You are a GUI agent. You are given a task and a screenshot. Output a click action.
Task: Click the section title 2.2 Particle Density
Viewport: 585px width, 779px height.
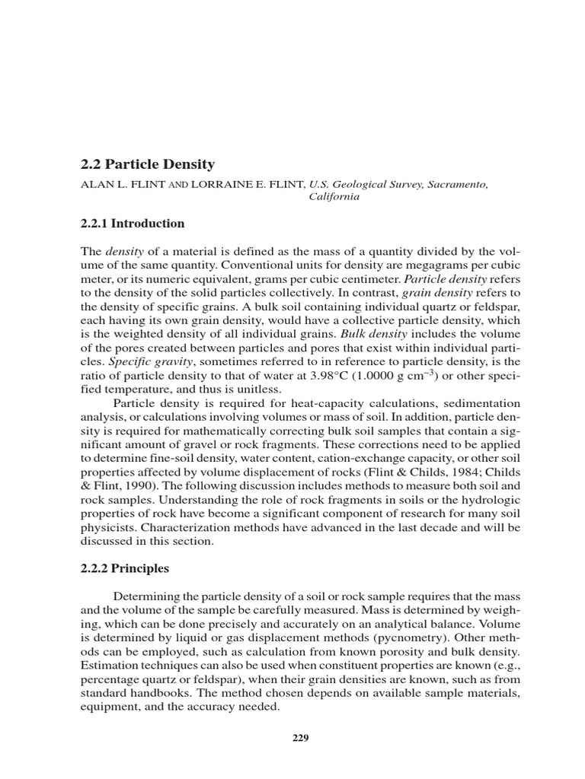147,164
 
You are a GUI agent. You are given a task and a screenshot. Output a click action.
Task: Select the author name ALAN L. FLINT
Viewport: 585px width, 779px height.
123,184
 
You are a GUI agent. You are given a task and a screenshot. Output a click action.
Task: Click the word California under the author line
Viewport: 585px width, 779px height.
334,196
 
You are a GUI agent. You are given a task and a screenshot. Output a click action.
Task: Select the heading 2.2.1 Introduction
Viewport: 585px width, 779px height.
133,224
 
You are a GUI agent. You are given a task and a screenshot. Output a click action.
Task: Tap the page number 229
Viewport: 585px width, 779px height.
299,737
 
